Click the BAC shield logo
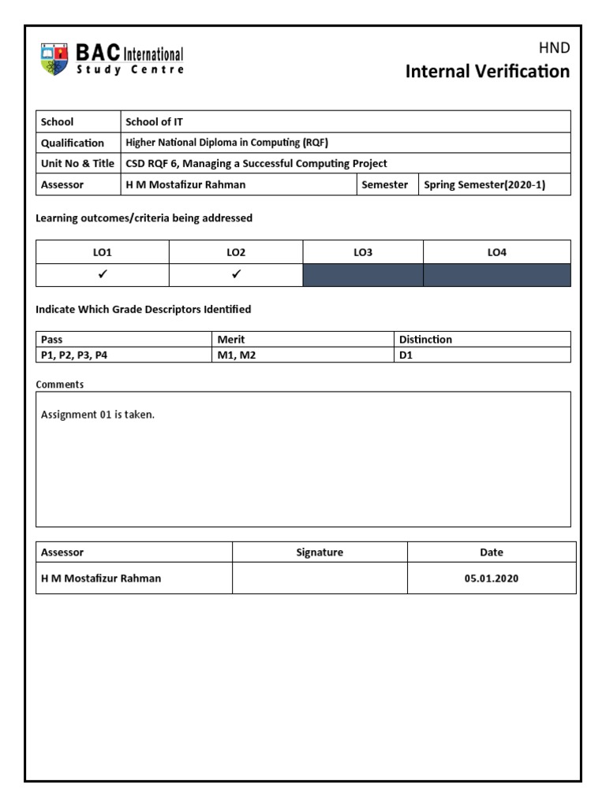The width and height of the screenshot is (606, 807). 54,60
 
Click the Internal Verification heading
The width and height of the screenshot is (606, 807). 487,72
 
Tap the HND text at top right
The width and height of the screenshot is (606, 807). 554,48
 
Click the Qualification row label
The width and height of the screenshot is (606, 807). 73,143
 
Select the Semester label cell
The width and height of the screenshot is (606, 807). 384,185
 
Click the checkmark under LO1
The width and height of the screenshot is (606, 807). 103,275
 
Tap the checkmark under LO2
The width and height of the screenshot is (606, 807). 236,275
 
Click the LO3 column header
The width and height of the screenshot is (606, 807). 363,252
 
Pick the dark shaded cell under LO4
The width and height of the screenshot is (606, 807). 496,275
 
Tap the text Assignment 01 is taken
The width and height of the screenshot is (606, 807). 98,415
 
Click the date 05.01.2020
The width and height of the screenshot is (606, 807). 492,578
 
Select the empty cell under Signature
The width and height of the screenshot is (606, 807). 320,578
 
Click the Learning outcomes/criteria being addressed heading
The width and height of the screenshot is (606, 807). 144,218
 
